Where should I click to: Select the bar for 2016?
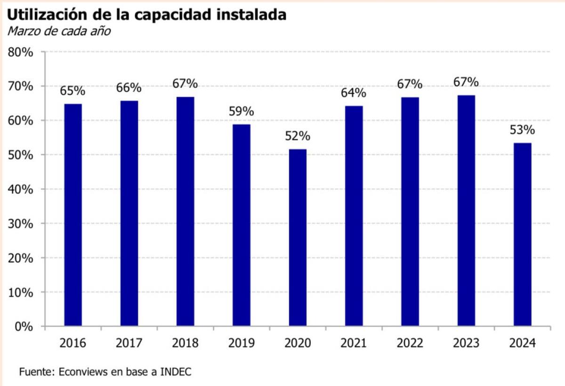(73, 215)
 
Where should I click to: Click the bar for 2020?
(298, 237)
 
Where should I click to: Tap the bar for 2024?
(522, 234)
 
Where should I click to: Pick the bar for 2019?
(242, 225)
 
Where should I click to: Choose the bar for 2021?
(354, 216)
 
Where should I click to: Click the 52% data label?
(298, 137)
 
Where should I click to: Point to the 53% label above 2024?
(522, 130)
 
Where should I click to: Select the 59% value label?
(242, 112)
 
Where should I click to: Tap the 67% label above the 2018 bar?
(185, 84)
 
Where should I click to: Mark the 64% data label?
(354, 93)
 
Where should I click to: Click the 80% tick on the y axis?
(21, 52)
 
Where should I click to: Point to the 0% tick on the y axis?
(24, 326)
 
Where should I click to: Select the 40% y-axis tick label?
(21, 189)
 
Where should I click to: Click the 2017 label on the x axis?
(129, 344)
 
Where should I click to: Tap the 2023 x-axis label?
(466, 344)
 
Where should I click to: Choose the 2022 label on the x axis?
(410, 344)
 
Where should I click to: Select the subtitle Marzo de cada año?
(59, 32)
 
